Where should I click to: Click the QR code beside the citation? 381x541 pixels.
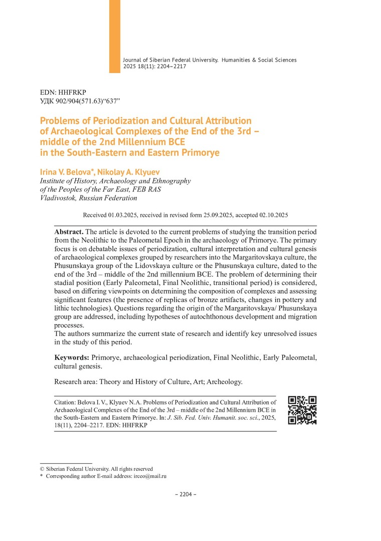coord(302,410)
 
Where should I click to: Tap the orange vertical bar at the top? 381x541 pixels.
coord(115,36)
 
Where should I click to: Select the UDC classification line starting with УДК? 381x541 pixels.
coord(80,102)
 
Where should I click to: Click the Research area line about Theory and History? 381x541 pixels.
coord(148,382)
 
